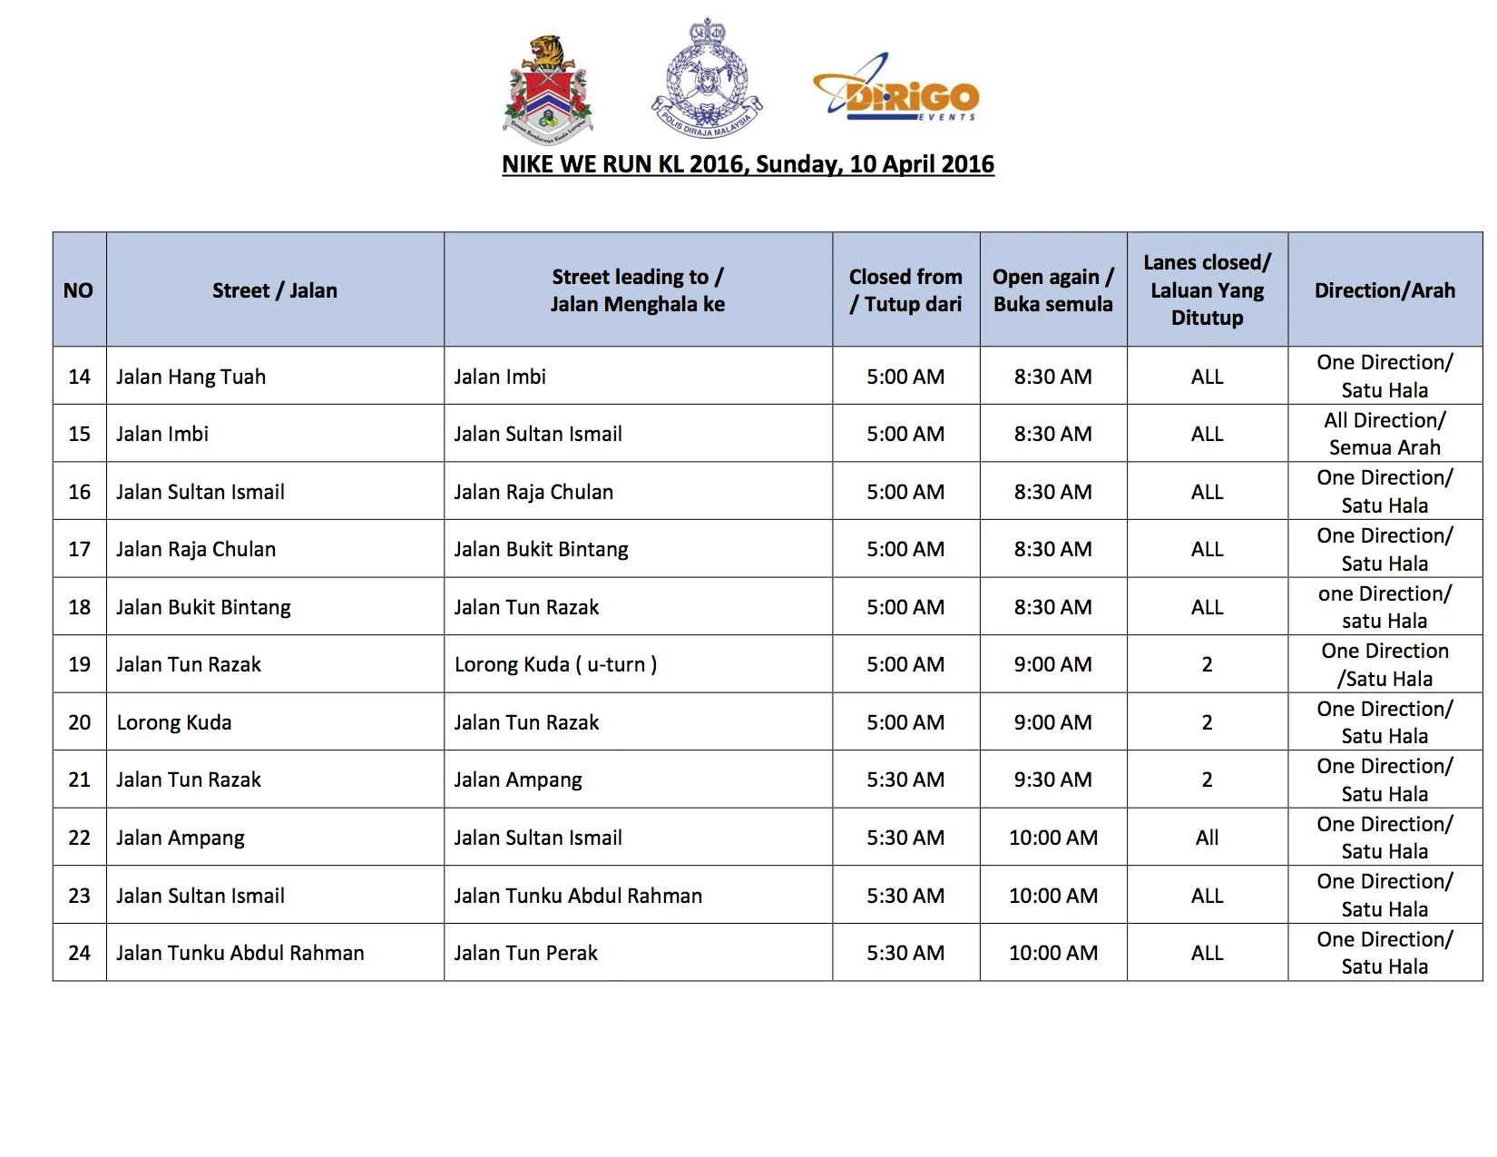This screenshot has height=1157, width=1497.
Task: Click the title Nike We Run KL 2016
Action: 748,164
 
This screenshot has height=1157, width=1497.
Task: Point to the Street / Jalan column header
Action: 275,290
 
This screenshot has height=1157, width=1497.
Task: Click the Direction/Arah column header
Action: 1384,290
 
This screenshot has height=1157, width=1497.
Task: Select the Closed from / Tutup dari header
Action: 905,290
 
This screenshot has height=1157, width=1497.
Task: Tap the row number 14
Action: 80,377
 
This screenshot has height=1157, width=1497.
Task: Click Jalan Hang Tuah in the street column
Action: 191,377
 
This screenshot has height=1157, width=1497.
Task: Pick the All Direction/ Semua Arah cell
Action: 1384,434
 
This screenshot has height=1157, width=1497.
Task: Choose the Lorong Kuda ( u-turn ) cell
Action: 555,664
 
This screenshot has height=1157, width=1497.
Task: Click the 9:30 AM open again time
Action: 1052,780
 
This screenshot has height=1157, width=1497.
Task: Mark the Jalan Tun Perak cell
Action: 526,953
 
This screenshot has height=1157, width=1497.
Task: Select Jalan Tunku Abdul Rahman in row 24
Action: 240,953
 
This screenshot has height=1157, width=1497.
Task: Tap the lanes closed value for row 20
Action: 1207,722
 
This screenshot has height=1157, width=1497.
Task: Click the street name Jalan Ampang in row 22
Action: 181,838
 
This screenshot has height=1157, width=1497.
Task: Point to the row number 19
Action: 80,664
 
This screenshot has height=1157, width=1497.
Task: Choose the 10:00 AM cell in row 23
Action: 1052,896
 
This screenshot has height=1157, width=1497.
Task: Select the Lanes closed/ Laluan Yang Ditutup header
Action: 1207,290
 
